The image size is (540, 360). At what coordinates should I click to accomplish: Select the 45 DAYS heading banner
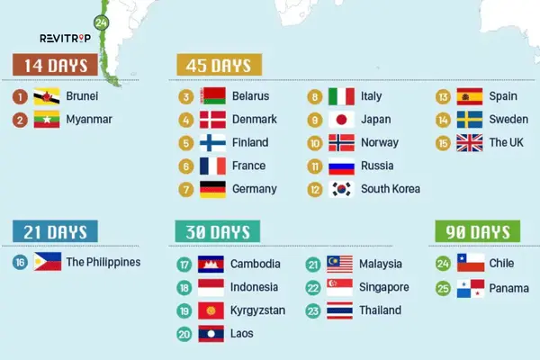coord(220,66)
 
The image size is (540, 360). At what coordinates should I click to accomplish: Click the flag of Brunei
coord(47,96)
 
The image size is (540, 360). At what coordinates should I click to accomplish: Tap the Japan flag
coord(342,120)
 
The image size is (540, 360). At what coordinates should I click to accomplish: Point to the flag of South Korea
coord(342,189)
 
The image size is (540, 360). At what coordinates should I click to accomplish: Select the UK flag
coord(470,142)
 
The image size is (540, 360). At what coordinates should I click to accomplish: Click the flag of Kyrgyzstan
coord(211,310)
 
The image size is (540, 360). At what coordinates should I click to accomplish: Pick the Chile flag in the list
coord(470,264)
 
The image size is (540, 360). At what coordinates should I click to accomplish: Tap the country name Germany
coord(254,189)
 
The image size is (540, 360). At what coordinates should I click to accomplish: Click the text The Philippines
coord(103,262)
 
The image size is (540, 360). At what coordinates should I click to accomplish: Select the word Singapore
coord(384,287)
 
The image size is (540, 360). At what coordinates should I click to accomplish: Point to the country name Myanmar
coord(89,119)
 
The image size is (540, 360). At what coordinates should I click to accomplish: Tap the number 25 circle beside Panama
coord(443,288)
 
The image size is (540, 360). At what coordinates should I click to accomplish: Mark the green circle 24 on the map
coord(101,22)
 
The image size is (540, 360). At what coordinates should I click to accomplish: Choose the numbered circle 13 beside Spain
coord(443,96)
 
